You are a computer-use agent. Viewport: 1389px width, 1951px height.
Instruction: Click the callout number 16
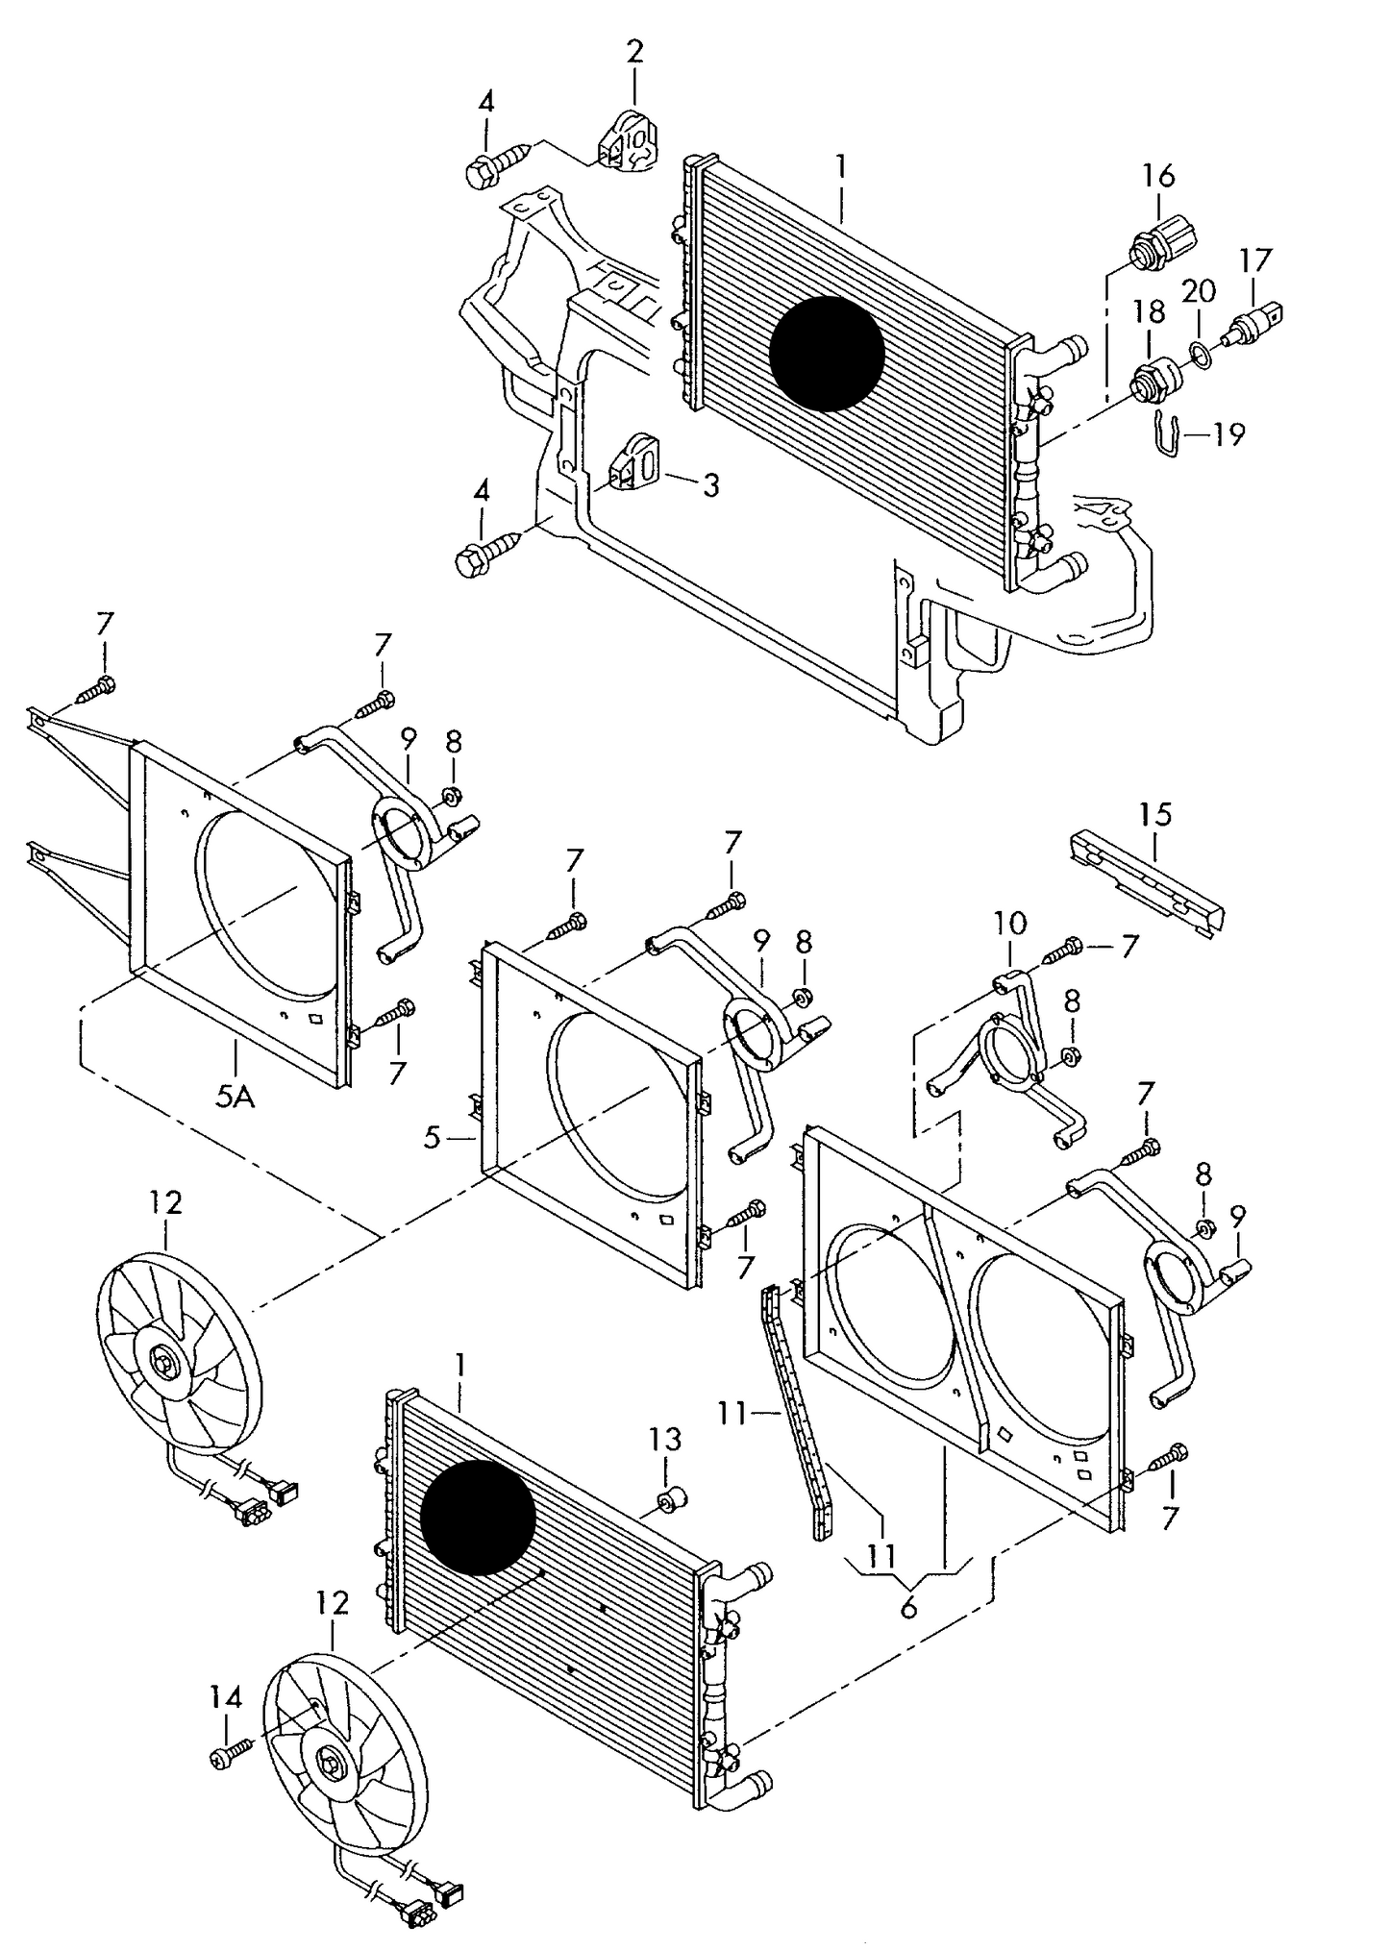[1158, 176]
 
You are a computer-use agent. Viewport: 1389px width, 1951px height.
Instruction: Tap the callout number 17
[1254, 260]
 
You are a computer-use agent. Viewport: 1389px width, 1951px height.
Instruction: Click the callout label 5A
[235, 1096]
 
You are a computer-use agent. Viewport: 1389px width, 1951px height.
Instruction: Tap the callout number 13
[664, 1439]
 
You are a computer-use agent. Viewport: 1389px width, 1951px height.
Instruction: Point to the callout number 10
[1010, 924]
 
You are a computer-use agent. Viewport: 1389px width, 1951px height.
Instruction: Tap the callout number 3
[710, 486]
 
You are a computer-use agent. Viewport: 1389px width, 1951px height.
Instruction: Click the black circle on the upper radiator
[827, 354]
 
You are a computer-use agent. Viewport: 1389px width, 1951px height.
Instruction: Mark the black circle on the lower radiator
[478, 1517]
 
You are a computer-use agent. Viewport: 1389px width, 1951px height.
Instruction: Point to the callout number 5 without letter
[431, 1139]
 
